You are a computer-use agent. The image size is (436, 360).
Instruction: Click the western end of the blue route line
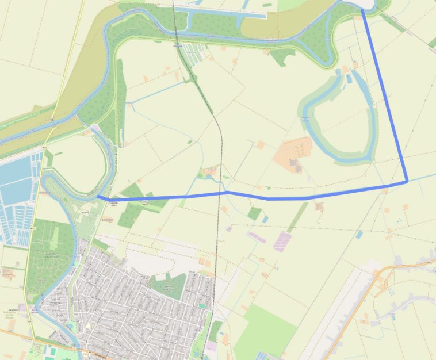coord(98,197)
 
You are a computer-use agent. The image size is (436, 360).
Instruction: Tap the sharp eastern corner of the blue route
coord(407,181)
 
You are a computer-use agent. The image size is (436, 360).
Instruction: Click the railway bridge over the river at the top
coord(176,41)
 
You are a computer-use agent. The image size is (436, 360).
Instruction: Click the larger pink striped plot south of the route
coord(282,242)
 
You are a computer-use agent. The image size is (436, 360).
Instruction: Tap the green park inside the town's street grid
coord(167,285)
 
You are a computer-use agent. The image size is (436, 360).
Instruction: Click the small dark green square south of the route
coord(254,214)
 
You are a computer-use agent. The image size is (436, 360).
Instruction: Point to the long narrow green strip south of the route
coord(297,217)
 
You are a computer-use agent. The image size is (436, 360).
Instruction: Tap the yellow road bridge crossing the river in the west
coord(52,122)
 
